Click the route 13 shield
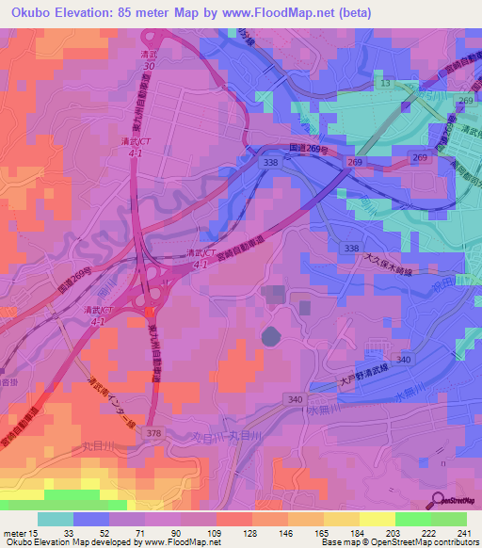pos(384,84)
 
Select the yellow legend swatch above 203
pos(377,519)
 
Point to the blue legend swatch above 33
pos(90,519)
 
